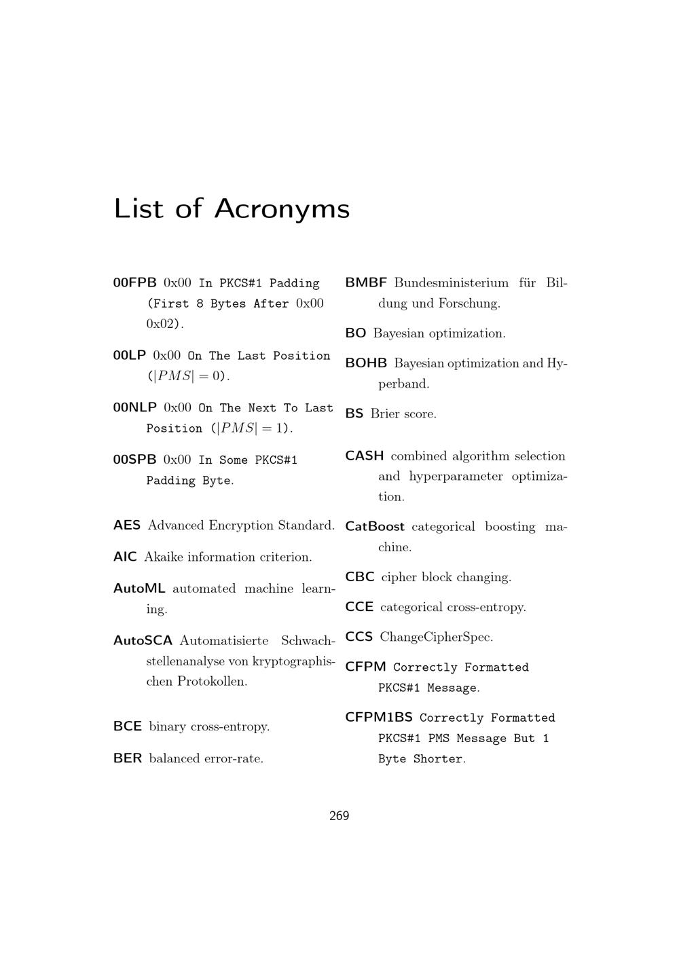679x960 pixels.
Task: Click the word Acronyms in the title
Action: (x=282, y=208)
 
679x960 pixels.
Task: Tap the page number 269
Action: (x=339, y=816)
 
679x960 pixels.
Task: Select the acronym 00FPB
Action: (x=134, y=282)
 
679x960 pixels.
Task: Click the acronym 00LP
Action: (x=129, y=355)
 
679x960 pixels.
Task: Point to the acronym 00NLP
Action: (x=134, y=407)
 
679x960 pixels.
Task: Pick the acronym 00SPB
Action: (x=134, y=460)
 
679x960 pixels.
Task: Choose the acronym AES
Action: (x=127, y=525)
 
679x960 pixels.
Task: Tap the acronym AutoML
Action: (x=139, y=589)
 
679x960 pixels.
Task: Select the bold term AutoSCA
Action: (x=143, y=641)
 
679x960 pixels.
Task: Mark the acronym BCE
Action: (x=128, y=726)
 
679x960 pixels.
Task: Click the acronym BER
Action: (x=128, y=758)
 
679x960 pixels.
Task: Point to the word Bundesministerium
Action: (x=451, y=282)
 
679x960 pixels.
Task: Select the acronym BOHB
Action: (x=366, y=363)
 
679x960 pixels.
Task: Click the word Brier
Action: (x=385, y=414)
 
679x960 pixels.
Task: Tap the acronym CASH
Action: (x=365, y=456)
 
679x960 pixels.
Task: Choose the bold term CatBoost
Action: (x=375, y=527)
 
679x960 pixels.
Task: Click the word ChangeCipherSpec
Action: (x=436, y=637)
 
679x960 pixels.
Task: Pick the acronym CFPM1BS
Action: (x=379, y=718)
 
